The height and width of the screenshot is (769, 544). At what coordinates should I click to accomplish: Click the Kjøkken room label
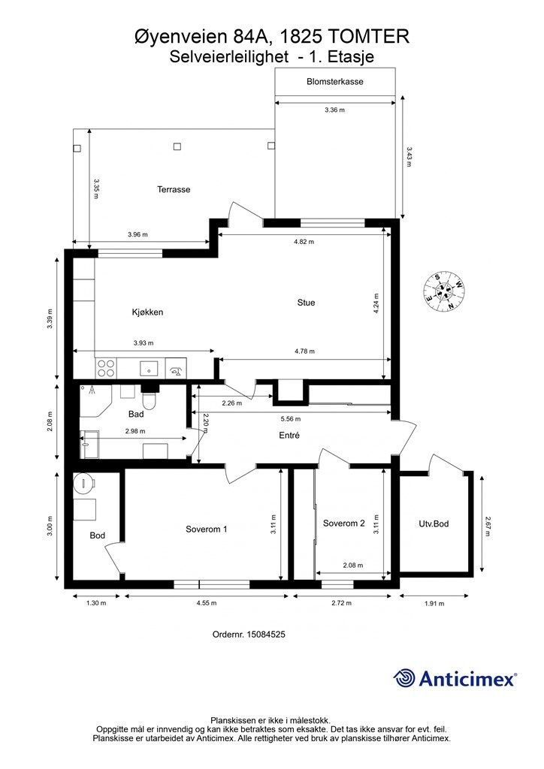click(x=147, y=312)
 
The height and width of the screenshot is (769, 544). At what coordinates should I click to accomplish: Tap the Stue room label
click(x=306, y=303)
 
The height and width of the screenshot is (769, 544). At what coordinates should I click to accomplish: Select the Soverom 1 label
click(x=206, y=529)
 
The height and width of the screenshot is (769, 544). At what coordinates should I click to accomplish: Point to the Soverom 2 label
click(x=344, y=523)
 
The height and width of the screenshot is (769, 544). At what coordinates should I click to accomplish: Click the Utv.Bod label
click(x=434, y=523)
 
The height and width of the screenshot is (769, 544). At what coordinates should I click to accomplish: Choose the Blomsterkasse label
click(x=335, y=81)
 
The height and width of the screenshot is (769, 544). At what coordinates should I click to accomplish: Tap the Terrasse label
click(x=174, y=189)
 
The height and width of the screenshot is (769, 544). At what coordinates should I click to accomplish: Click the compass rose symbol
click(x=444, y=291)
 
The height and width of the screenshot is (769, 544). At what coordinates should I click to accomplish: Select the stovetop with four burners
click(x=106, y=368)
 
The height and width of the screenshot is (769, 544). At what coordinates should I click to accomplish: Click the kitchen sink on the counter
click(x=149, y=368)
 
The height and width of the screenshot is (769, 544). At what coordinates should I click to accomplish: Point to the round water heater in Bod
click(x=84, y=484)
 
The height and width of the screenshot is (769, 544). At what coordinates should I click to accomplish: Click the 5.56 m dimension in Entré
click(x=290, y=419)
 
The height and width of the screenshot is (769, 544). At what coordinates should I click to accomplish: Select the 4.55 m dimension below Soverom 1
click(x=207, y=603)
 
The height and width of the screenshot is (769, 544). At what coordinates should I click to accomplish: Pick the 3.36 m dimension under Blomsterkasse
click(x=334, y=110)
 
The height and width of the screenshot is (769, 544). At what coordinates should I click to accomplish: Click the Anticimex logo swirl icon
click(x=405, y=678)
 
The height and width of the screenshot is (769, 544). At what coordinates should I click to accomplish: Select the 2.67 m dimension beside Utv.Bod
click(x=488, y=525)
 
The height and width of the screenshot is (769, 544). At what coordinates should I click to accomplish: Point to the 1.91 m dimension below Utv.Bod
click(x=434, y=603)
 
